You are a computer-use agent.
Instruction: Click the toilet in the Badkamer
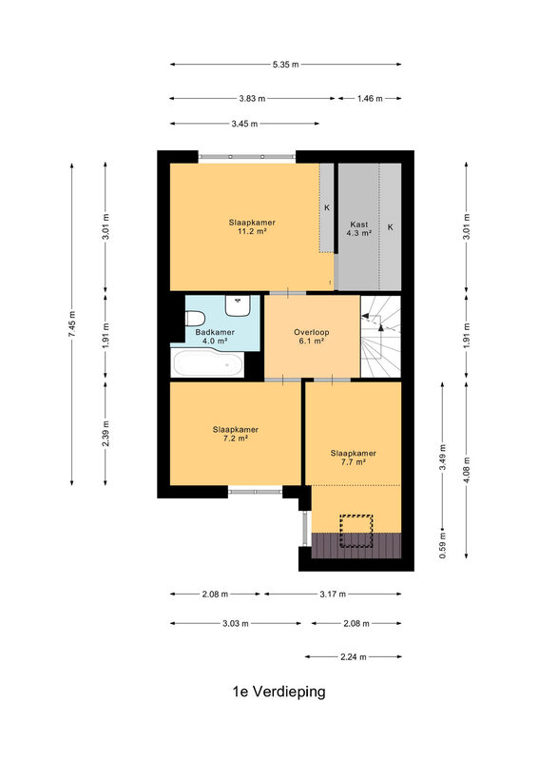195,319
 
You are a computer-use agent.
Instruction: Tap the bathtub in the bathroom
208,363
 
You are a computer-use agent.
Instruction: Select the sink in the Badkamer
238,305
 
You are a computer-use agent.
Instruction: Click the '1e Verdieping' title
279,692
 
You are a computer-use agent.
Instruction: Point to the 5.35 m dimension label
286,64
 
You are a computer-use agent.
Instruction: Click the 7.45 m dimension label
72,323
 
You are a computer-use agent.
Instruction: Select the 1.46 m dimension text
370,99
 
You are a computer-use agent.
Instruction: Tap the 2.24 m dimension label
354,656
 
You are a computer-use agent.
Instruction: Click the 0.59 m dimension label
442,545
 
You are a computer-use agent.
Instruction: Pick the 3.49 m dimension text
442,458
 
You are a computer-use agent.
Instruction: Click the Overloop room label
312,337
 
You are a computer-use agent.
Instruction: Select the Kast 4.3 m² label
359,228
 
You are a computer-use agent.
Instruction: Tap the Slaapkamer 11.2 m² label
252,226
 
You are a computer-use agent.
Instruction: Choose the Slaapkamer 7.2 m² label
236,434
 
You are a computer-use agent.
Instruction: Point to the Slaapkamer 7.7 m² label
354,458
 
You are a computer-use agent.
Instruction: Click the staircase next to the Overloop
381,337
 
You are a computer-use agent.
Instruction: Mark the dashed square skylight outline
356,531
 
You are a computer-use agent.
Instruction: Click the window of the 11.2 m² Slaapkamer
247,157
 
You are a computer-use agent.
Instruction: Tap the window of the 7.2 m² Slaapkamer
255,492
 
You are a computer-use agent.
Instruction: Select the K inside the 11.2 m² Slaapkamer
327,207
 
